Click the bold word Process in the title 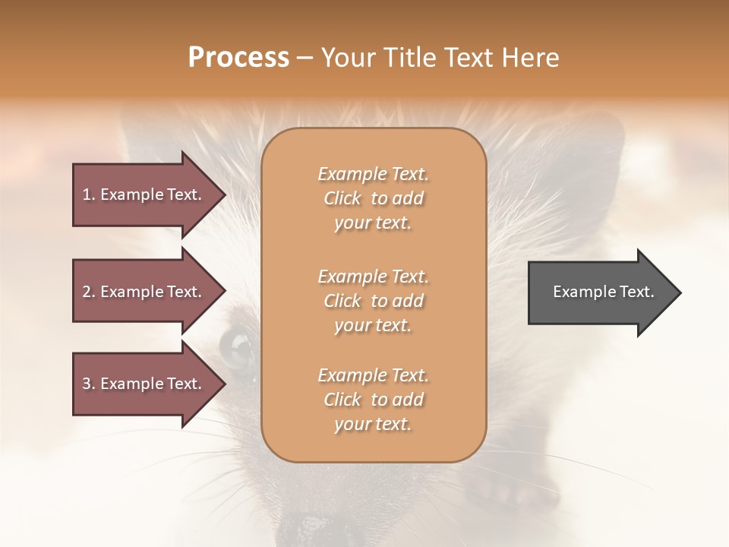coord(238,58)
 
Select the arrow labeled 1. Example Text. coord(144,194)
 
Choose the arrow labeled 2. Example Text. coord(144,292)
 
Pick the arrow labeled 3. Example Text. coord(144,384)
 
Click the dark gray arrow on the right coord(600,292)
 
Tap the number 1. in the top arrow coord(89,194)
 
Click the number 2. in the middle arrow coord(89,292)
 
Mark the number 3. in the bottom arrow coord(89,384)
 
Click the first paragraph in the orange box coord(373,198)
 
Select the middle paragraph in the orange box coord(373,301)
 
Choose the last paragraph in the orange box coord(373,400)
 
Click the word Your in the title coord(347,58)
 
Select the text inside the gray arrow coord(603,292)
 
